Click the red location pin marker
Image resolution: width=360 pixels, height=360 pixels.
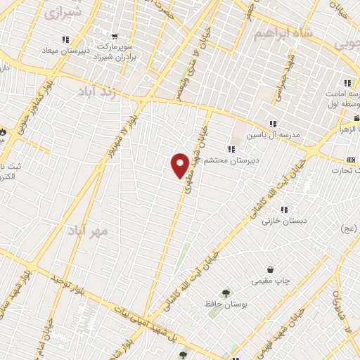(180, 165)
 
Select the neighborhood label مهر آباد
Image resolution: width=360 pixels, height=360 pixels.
(89, 230)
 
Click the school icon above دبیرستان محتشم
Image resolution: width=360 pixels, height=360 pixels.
(231, 148)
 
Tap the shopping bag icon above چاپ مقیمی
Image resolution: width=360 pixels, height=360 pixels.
(271, 270)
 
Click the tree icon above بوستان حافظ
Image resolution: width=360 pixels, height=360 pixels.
(226, 292)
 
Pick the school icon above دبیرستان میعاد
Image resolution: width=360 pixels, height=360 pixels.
(65, 39)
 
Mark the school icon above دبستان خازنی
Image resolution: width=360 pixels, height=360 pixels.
(284, 210)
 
